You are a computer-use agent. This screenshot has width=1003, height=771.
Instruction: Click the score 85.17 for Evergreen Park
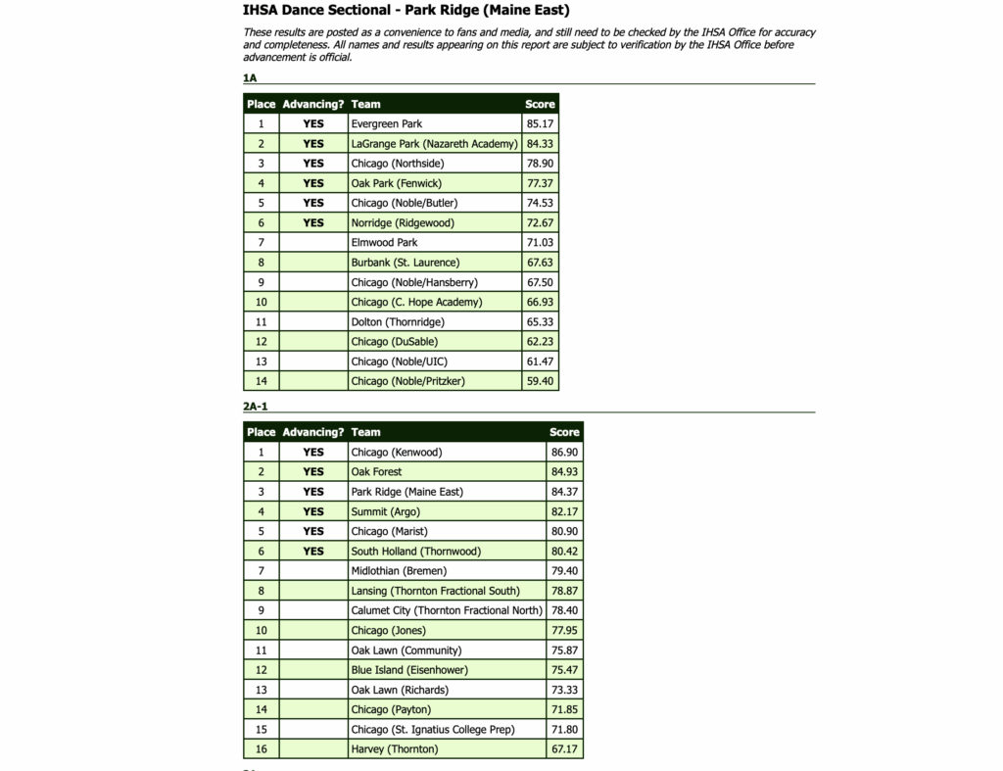pyautogui.click(x=540, y=124)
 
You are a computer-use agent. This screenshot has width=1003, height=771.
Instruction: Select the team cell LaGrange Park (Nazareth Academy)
pyautogui.click(x=434, y=144)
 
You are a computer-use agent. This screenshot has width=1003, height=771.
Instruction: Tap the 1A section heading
pyautogui.click(x=250, y=77)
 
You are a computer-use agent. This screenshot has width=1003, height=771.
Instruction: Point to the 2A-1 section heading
pyautogui.click(x=256, y=406)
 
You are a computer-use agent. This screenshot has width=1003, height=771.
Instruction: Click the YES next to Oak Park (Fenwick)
pyautogui.click(x=312, y=183)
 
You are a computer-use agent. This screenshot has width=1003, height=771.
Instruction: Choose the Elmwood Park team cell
pyautogui.click(x=384, y=242)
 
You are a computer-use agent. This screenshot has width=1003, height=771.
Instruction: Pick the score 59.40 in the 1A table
pyautogui.click(x=540, y=381)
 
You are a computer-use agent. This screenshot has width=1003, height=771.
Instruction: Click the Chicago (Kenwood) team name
pyautogui.click(x=397, y=453)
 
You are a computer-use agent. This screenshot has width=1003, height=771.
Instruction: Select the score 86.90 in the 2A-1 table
pyautogui.click(x=564, y=453)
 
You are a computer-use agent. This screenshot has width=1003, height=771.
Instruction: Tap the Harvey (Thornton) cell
pyautogui.click(x=395, y=749)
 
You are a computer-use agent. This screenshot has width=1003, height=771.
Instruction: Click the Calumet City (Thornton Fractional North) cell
pyautogui.click(x=447, y=610)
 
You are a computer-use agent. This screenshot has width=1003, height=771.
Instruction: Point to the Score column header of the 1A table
pyautogui.click(x=540, y=104)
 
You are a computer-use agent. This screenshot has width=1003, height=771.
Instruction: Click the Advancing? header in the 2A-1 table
pyautogui.click(x=312, y=432)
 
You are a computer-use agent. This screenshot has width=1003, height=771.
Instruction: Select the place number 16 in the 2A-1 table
pyautogui.click(x=261, y=749)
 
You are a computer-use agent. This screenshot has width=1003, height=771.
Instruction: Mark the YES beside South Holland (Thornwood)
pyautogui.click(x=312, y=552)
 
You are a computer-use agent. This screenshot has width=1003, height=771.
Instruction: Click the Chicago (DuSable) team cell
pyautogui.click(x=395, y=342)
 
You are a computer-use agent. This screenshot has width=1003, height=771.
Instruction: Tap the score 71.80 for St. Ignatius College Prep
pyautogui.click(x=564, y=730)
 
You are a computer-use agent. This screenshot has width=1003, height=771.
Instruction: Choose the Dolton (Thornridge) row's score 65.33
pyautogui.click(x=540, y=321)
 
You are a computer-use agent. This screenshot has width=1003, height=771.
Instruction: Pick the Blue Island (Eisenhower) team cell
pyautogui.click(x=409, y=670)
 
